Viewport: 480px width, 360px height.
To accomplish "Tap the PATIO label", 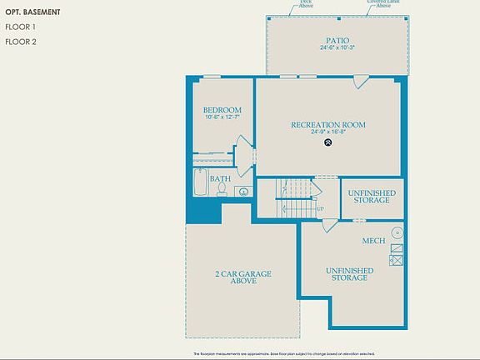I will (337, 40).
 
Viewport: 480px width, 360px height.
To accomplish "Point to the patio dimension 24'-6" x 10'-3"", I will (337, 47).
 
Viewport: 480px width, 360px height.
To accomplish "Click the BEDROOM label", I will (222, 110).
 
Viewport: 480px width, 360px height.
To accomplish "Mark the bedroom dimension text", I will (222, 117).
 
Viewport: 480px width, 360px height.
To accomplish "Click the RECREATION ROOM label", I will (328, 125).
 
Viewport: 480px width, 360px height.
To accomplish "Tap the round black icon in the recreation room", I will (328, 142).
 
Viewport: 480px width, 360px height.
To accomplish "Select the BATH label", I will (220, 179).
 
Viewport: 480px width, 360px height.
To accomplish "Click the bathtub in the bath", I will (201, 183).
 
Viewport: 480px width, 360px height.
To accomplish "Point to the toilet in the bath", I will (222, 190).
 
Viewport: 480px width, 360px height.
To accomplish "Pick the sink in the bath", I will (243, 192).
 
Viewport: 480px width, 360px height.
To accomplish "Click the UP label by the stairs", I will (320, 208).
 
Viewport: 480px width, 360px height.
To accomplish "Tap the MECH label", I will (372, 242).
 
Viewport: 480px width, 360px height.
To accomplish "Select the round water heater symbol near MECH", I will (397, 232).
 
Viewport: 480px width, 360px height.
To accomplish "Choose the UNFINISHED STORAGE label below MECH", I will (349, 274).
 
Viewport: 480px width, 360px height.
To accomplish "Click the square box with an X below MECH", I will (397, 260).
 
